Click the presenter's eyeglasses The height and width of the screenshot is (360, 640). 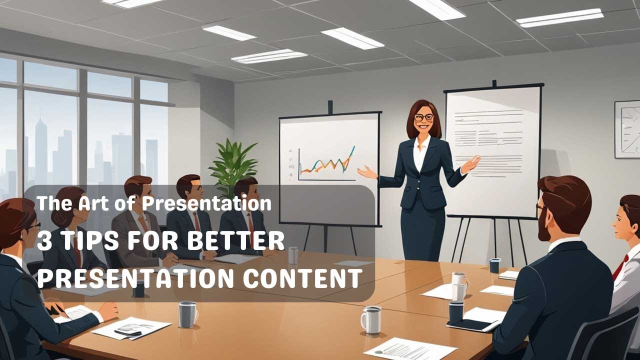click(424, 117)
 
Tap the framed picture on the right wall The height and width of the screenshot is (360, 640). click(628, 129)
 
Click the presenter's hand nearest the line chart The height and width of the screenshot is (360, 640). click(367, 173)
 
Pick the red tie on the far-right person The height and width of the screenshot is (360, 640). click(619, 267)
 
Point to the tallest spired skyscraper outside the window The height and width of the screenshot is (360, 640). click(40, 150)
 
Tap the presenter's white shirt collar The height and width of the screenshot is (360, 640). click(421, 143)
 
